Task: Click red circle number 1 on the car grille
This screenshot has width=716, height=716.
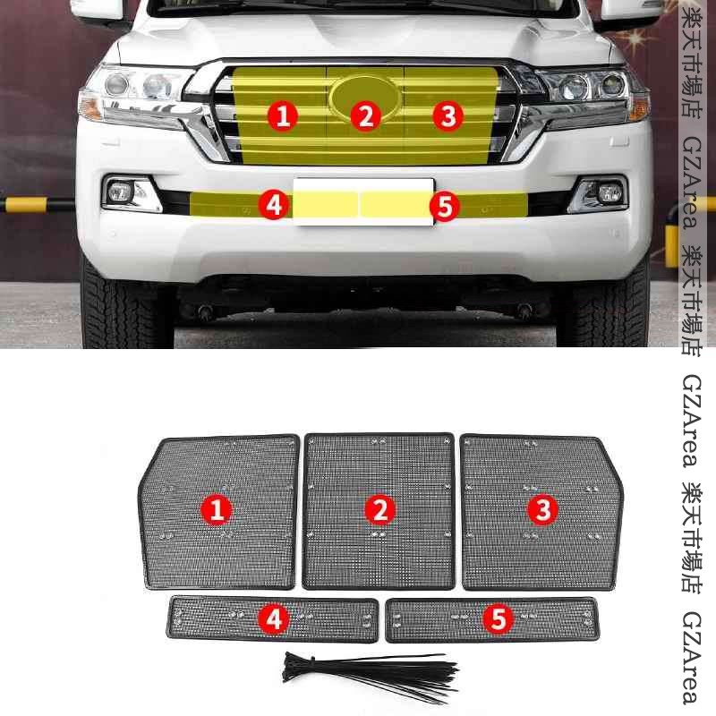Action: pos(283,115)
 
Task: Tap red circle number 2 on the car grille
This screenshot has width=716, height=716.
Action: pos(366,115)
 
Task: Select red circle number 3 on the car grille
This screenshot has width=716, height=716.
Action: pos(448,115)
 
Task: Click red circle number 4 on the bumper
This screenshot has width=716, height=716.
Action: pos(274,205)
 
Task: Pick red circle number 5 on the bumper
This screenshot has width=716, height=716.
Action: pos(445,206)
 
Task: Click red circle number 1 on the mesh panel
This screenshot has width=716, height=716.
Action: pos(217,509)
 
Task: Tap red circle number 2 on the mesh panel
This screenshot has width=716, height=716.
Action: pos(379,509)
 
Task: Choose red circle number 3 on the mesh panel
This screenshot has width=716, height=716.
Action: pos(543,509)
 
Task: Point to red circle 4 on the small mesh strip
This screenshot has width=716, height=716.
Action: pos(274,619)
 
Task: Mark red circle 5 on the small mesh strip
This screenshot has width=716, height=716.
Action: pos(499,618)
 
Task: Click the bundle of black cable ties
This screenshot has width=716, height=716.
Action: pos(370,676)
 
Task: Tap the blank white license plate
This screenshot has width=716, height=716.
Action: pos(363,202)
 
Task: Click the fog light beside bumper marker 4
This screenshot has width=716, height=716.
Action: pos(130,193)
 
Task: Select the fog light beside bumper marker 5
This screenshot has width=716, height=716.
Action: pos(599,194)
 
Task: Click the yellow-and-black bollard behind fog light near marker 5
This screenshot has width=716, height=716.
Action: pos(675,233)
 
